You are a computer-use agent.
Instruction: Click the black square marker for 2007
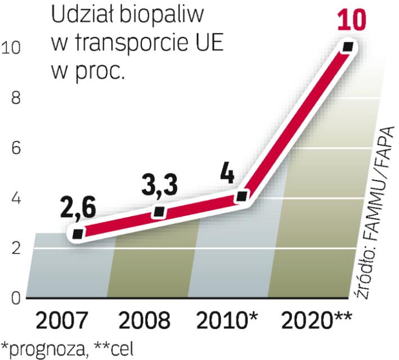[x=78, y=233]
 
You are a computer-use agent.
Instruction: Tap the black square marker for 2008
[x=159, y=212]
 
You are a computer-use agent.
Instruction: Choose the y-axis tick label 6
[x=16, y=149]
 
